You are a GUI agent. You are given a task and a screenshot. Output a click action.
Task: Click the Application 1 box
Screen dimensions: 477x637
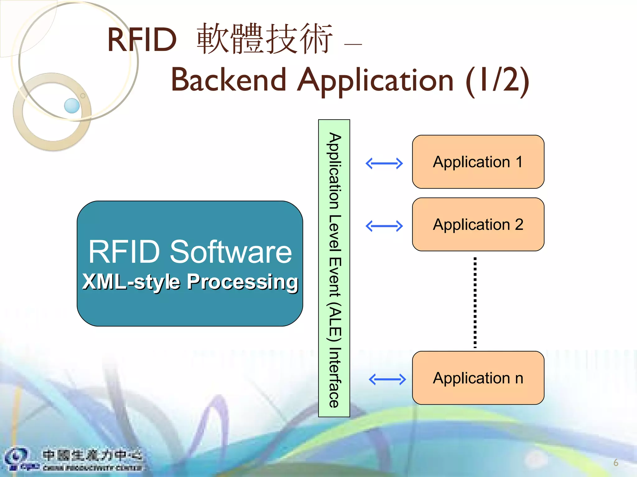[478, 162]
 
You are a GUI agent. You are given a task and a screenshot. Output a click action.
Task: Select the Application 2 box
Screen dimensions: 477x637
[478, 224]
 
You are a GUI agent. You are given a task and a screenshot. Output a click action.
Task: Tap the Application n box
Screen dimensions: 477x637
[478, 378]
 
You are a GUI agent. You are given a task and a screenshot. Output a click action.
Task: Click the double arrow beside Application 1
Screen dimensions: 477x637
[384, 163]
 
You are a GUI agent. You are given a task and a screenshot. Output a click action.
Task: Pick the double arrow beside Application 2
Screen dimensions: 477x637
[384, 226]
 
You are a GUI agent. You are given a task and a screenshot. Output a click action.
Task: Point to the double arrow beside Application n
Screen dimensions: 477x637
[387, 379]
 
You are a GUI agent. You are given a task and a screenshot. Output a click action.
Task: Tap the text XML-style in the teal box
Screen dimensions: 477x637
[131, 282]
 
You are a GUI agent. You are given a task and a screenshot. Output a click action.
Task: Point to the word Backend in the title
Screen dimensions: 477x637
[229, 80]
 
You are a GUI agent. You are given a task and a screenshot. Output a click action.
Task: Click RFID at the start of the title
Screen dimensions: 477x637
[142, 40]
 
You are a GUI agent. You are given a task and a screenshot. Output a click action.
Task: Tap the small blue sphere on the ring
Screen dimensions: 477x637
[72, 106]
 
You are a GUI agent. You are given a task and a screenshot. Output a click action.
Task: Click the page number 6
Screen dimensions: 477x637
[616, 463]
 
